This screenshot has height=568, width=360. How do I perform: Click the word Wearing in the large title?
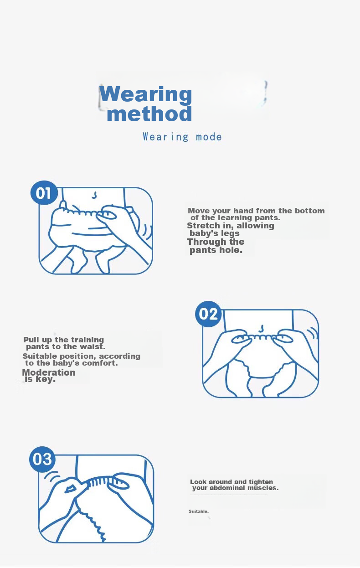[x=145, y=94]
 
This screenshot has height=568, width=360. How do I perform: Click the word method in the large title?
[x=149, y=114]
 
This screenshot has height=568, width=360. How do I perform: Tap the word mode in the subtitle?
[x=209, y=137]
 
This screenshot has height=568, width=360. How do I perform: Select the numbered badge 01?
[x=44, y=193]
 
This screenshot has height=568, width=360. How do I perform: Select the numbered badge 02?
[x=208, y=314]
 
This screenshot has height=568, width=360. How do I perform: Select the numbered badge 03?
[x=42, y=459]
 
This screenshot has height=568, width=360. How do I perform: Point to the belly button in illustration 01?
[x=95, y=195]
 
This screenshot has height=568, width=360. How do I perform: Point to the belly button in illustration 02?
[x=261, y=329]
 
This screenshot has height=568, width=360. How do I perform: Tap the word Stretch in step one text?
[x=203, y=226]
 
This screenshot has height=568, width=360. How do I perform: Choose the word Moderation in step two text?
[x=49, y=372]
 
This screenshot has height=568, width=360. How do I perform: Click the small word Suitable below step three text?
[x=199, y=511]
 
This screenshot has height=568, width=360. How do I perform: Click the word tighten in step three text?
[x=261, y=482]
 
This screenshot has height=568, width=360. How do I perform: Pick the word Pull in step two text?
[x=31, y=340]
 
